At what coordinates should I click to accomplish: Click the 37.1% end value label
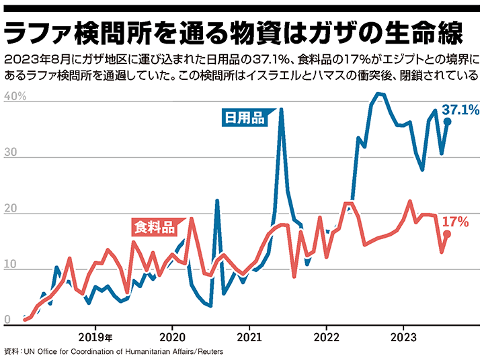point(460,109)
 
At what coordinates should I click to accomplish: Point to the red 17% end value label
point(454,221)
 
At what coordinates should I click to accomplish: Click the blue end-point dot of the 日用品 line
point(447,122)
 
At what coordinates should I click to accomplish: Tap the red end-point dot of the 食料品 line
point(447,234)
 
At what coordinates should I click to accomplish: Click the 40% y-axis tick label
point(14,97)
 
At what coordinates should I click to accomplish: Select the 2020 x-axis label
point(172,336)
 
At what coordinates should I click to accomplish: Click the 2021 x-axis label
point(249,336)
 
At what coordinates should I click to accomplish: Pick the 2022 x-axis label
point(326,336)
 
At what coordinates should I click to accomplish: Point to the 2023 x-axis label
point(403,336)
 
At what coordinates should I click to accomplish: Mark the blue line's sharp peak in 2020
point(217,200)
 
